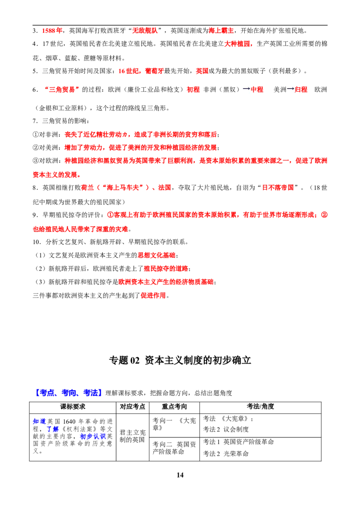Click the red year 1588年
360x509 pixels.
tap(52, 31)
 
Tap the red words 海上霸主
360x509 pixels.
tap(221, 31)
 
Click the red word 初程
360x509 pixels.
tap(193, 89)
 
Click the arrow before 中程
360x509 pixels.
tap(247, 89)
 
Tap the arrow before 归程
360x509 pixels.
tap(290, 89)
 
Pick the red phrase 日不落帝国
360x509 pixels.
tap(278, 188)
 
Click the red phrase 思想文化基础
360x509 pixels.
tap(156, 255)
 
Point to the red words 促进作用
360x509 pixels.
tap(153, 295)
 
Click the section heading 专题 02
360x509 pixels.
tap(124, 360)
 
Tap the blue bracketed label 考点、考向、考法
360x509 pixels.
tap(68, 393)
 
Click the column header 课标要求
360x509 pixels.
tap(73, 406)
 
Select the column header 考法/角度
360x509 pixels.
tap(260, 406)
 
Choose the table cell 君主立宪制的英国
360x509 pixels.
tap(133, 436)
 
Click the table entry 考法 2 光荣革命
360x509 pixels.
tap(226, 454)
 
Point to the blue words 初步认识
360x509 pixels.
tap(93, 436)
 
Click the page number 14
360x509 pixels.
tap(180, 475)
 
